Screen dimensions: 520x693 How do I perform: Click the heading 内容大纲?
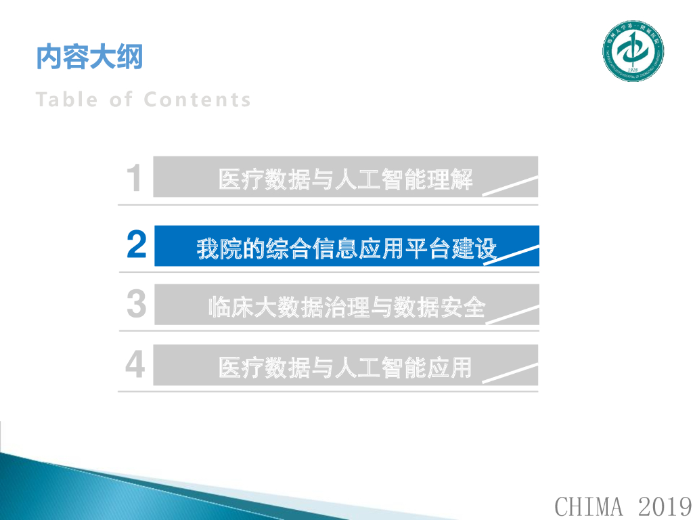click(x=89, y=58)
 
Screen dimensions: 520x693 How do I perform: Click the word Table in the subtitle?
click(x=67, y=100)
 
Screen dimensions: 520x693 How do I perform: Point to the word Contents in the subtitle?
click(x=197, y=100)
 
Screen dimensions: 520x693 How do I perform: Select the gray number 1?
click(x=135, y=179)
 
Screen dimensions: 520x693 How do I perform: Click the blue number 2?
click(x=137, y=244)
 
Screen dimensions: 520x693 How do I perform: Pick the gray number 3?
click(x=137, y=304)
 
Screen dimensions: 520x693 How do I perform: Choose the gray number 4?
click(x=135, y=365)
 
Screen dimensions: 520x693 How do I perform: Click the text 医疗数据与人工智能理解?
click(x=346, y=180)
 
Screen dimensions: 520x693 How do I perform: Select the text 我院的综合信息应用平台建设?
click(x=346, y=248)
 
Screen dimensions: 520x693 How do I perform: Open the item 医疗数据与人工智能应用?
click(x=345, y=368)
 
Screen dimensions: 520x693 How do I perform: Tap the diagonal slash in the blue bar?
click(x=512, y=255)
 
